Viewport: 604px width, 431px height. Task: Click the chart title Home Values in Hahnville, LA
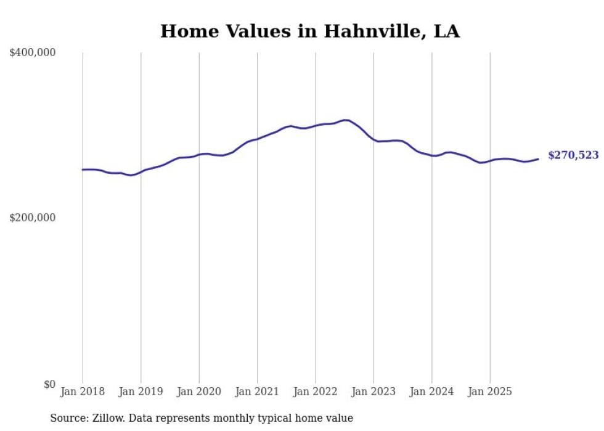pos(309,31)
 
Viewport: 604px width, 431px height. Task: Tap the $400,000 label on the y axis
pos(33,53)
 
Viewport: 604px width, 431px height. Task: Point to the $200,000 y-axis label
pos(33,218)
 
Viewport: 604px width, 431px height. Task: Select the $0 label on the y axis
pos(50,384)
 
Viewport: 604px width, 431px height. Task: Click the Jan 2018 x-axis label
pos(83,392)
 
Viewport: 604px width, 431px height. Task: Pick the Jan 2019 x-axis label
pos(141,392)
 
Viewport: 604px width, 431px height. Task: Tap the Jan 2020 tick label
pos(199,392)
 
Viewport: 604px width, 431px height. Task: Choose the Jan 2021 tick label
pos(257,392)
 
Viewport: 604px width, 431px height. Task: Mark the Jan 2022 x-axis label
pos(316,392)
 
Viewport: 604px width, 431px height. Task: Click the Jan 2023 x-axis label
pos(373,392)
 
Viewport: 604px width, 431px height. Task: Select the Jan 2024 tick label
pos(432,392)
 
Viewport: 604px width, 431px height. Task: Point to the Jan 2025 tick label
pos(490,392)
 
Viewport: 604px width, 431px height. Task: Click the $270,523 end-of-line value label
pos(573,155)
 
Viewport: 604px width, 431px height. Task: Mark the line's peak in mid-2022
pos(345,120)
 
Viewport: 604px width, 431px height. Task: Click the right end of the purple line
pos(538,159)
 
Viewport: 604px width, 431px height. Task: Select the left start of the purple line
pos(83,170)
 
